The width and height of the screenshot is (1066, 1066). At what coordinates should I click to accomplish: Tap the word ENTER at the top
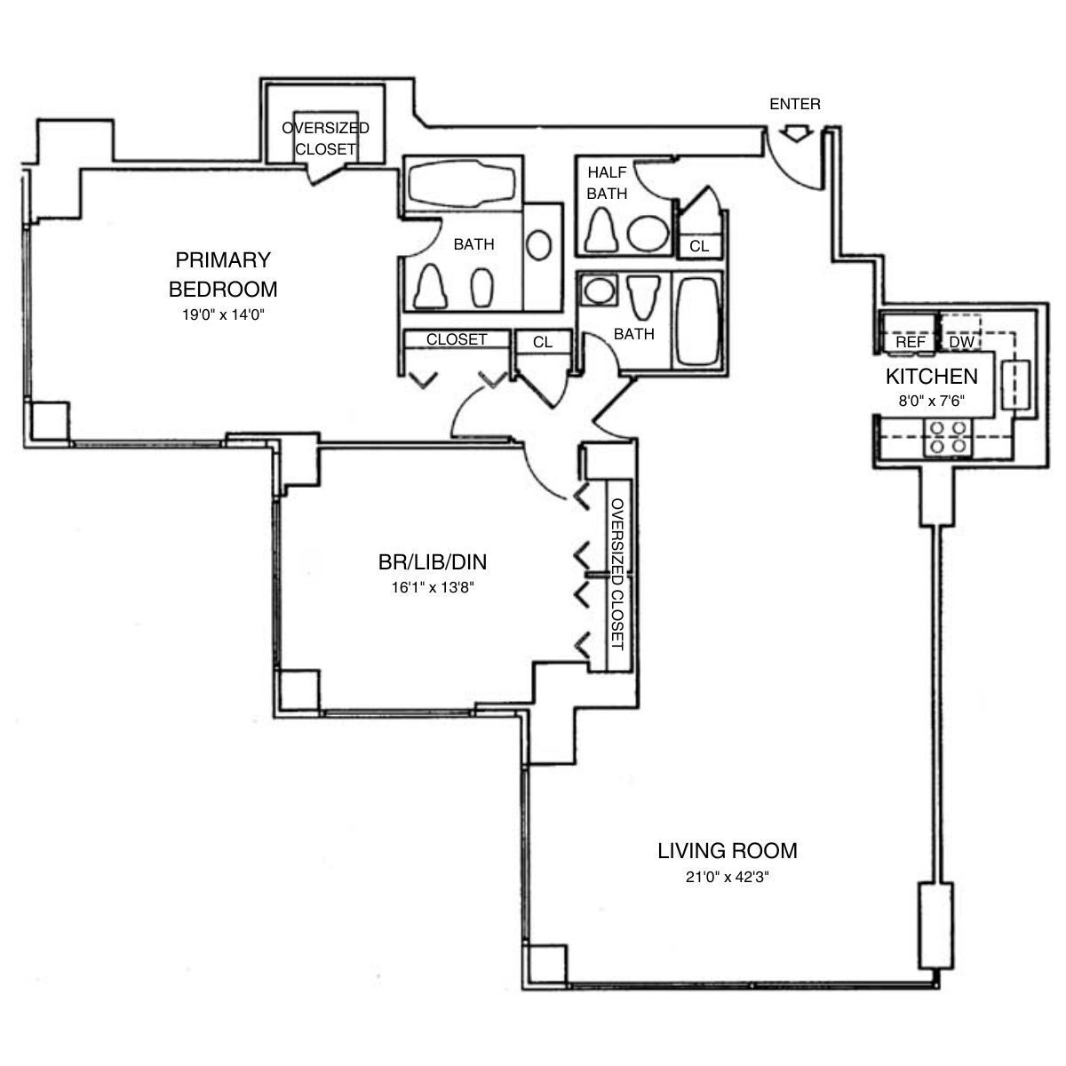click(795, 105)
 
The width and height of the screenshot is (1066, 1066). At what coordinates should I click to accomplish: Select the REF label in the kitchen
click(910, 342)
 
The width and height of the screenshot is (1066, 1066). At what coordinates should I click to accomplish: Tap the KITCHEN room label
click(931, 376)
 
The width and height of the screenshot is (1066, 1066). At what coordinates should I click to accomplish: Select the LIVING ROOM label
click(728, 851)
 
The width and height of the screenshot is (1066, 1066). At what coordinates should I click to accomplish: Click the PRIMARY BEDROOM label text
click(223, 274)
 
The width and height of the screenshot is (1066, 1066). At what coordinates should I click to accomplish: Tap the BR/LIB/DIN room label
click(432, 562)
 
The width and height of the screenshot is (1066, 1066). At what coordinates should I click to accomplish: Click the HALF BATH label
click(608, 182)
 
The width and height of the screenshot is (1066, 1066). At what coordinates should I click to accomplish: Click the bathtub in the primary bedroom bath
click(461, 185)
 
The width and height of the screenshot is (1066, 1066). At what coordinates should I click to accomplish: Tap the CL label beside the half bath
click(699, 246)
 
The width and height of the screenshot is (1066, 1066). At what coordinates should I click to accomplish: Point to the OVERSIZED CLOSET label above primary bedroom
click(325, 139)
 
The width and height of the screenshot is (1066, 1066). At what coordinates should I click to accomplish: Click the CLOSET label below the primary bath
click(457, 339)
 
